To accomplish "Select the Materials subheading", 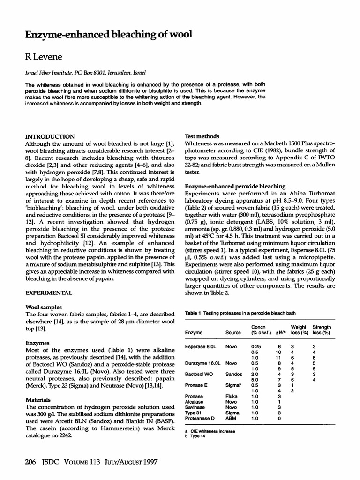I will coord(38,400).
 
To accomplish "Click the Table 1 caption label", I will coord(193,312).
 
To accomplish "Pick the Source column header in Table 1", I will coord(233,332).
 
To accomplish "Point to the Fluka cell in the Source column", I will coord(232,396).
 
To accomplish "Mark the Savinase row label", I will coord(196,407).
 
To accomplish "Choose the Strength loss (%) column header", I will coord(322,330).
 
